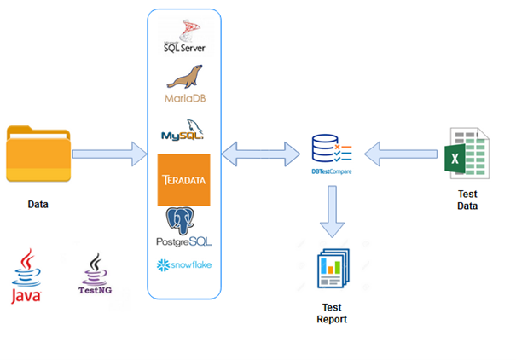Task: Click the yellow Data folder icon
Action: tap(38, 154)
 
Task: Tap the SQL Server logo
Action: tap(185, 36)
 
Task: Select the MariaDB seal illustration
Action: tap(184, 77)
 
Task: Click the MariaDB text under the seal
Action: tap(185, 98)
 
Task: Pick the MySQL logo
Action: tap(183, 130)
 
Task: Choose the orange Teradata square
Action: tap(184, 180)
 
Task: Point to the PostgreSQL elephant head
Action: tap(180, 220)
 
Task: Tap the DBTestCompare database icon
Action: tap(332, 148)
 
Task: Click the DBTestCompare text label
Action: tap(332, 171)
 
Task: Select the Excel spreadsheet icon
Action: tap(467, 154)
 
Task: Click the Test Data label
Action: tap(467, 200)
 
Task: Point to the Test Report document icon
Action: tap(333, 268)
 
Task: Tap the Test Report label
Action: tap(332, 313)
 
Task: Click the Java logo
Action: tap(26, 276)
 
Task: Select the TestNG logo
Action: tap(96, 274)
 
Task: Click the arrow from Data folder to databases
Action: tap(109, 154)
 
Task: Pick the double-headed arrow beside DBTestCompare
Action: tap(261, 154)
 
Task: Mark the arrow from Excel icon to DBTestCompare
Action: tap(401, 154)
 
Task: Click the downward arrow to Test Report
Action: tap(332, 212)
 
